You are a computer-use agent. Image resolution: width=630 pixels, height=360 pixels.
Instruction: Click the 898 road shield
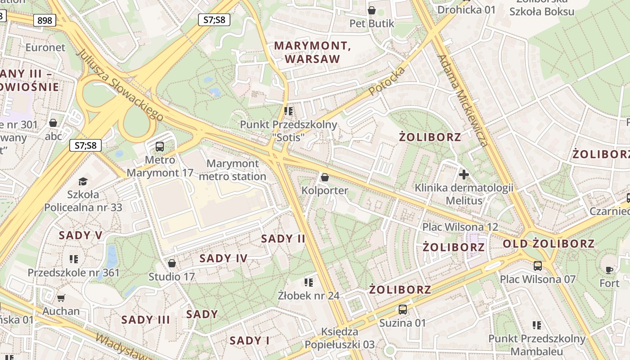point(45,20)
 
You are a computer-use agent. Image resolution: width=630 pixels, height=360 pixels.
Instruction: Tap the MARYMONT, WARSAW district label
point(312,52)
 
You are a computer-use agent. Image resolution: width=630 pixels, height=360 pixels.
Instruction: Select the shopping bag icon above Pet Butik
point(372,10)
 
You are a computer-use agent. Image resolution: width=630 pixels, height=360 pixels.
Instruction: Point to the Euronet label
point(45,47)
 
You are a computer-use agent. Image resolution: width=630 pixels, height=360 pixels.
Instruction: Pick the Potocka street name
point(387,81)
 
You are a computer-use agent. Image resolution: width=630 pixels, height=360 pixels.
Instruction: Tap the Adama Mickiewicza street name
point(463,101)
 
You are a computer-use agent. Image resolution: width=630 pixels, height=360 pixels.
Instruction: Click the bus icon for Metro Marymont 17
point(160,146)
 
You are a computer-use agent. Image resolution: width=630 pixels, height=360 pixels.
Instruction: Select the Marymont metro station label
point(233,170)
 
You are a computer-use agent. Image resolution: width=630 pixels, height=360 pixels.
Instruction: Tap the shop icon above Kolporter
point(324,178)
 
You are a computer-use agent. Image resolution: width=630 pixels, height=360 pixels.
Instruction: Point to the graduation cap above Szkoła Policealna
point(83,181)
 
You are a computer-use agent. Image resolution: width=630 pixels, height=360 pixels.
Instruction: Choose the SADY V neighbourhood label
point(81,235)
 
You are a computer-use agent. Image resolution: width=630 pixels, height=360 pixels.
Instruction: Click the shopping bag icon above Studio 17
point(171,263)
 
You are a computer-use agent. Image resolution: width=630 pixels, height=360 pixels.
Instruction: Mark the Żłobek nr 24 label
point(308,296)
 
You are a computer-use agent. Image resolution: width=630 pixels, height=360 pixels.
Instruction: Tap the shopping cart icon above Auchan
point(61,298)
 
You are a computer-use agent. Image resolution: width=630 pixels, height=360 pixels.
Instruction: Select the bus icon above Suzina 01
point(402,310)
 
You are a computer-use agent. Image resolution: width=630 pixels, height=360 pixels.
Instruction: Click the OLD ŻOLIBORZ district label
point(549,244)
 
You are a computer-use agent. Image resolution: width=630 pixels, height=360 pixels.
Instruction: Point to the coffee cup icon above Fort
point(609,270)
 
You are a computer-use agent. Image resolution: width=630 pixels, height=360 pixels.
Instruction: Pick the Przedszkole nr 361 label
point(74,273)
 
